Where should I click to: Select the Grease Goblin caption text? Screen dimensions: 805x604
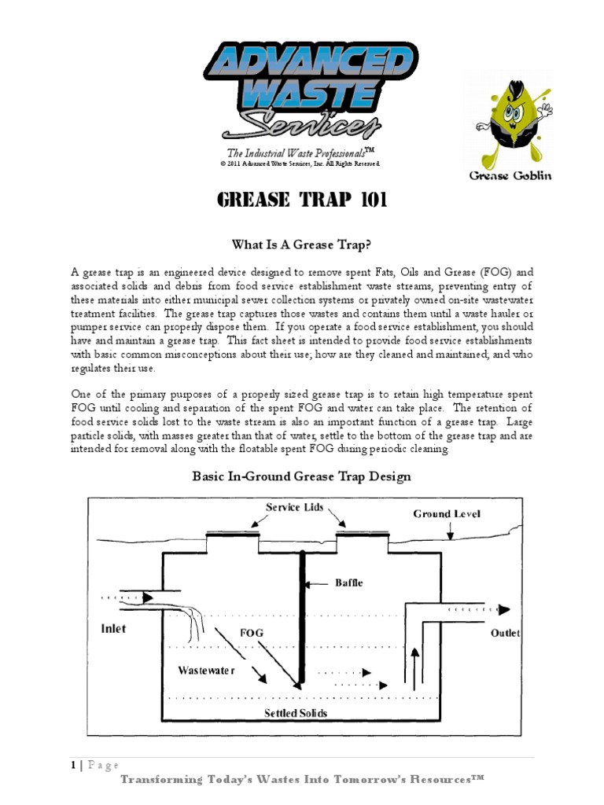[510, 175]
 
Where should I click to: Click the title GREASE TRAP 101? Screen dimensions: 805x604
[301, 200]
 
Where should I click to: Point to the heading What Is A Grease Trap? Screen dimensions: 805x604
[301, 244]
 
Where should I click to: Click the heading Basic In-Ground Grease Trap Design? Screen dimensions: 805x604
[302, 476]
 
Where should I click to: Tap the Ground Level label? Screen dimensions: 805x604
[447, 514]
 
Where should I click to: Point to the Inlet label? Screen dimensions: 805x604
[113, 628]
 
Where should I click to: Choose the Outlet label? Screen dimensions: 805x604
[506, 633]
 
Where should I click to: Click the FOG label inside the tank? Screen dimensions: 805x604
[252, 632]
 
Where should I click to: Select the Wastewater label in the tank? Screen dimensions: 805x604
[206, 671]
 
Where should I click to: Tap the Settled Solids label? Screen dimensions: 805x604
[296, 713]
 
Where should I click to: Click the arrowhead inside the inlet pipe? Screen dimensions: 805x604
[146, 598]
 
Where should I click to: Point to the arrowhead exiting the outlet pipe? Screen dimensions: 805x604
[504, 610]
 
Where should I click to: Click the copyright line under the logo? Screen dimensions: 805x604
[300, 164]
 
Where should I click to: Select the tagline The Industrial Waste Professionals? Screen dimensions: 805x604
[300, 153]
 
